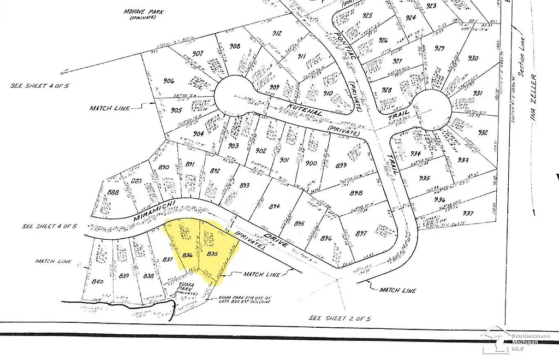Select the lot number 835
pos(213,254)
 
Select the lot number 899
pos(342,166)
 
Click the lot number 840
pos(98,281)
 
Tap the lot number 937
pos(468,213)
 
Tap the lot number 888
pos(114,192)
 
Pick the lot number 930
pos(473,58)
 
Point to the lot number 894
pos(274,206)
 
